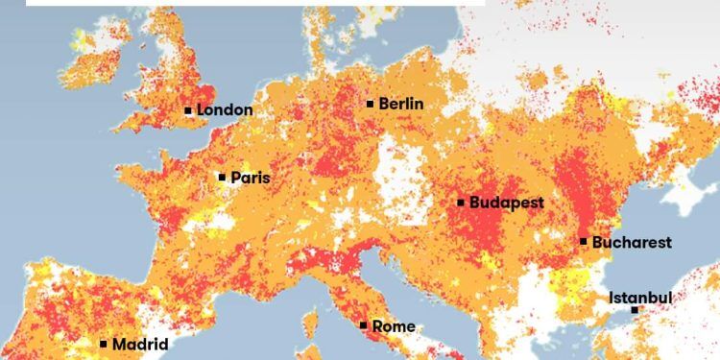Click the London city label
[225, 110]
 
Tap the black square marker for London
[188, 110]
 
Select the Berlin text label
[401, 104]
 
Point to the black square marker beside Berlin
[371, 104]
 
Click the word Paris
[250, 178]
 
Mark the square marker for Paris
[222, 177]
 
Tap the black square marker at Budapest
[461, 203]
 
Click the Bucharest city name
[632, 243]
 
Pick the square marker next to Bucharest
[584, 241]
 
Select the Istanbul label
[640, 298]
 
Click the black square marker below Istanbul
[635, 310]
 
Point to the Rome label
[394, 326]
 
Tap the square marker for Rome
[363, 325]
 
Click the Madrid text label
[140, 344]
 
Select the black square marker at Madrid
[104, 344]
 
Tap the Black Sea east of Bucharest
[662, 254]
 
